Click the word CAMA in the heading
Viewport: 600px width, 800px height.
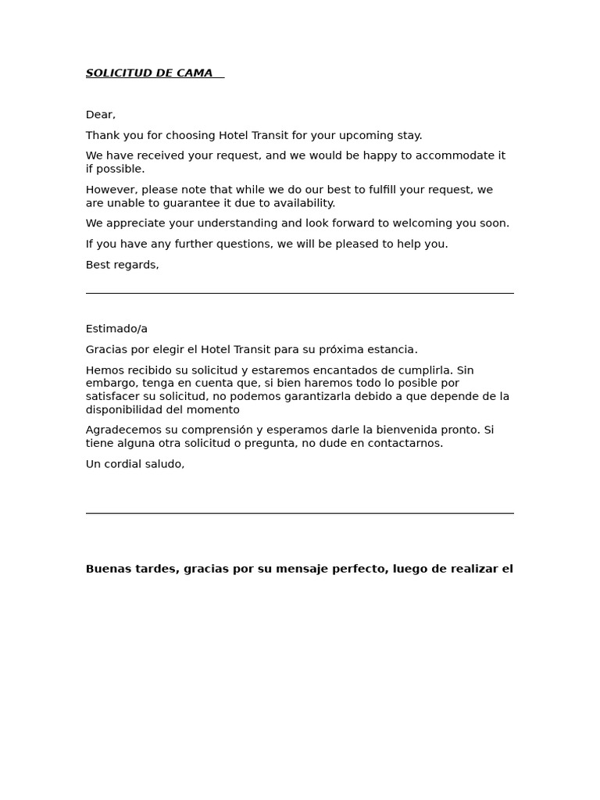pos(195,73)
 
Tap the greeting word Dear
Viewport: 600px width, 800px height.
pos(99,115)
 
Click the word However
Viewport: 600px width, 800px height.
pos(111,190)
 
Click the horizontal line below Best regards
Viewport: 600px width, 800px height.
pos(299,293)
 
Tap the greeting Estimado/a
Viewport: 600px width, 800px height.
pos(116,329)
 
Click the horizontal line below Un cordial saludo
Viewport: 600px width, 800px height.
pos(299,513)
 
